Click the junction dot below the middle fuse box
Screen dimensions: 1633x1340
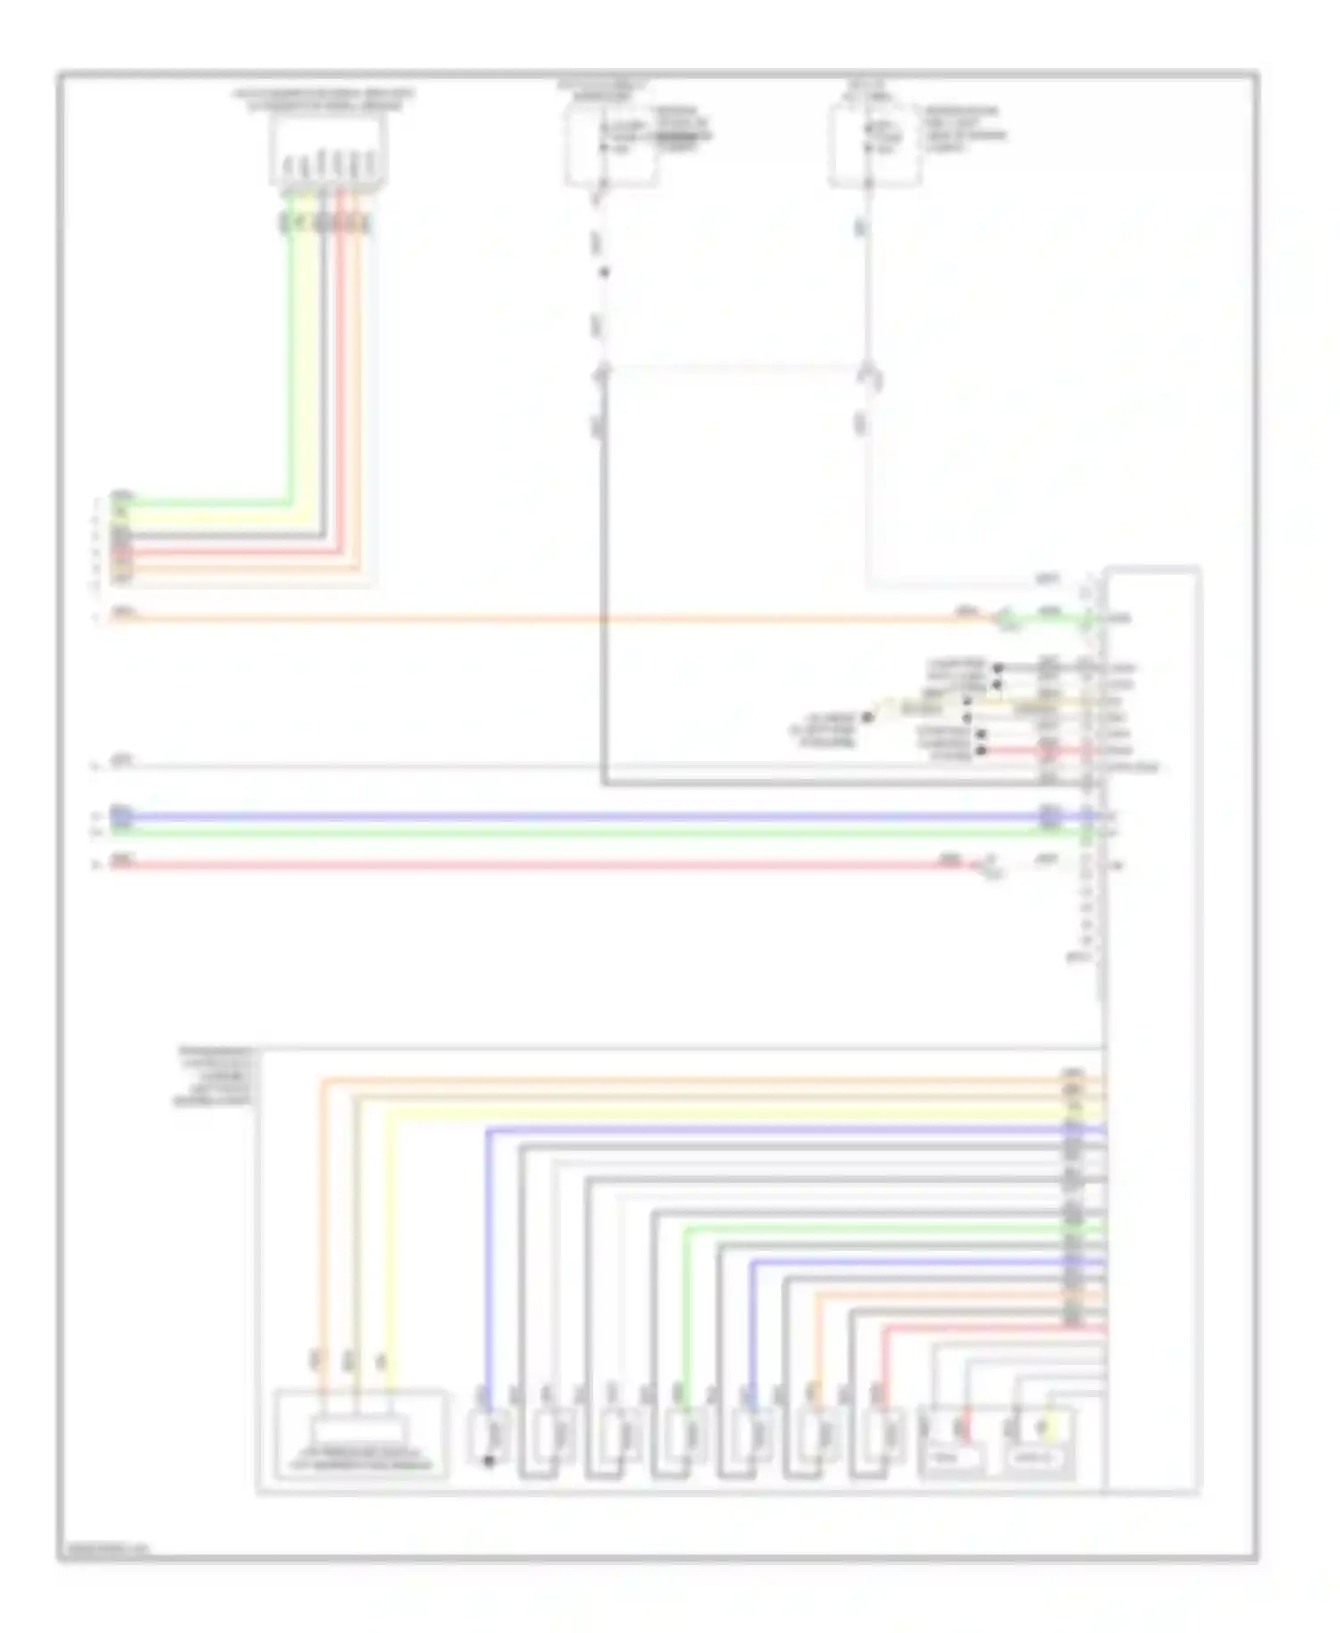tap(603, 272)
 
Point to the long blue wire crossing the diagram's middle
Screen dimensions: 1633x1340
tap(581, 816)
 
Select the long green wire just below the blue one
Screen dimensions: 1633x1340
tap(581, 832)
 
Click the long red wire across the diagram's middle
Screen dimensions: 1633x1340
tap(536, 865)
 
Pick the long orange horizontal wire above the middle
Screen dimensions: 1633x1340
tap(536, 617)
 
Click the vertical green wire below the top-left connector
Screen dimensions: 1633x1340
tap(289, 357)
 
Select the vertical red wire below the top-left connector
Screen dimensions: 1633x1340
tap(340, 375)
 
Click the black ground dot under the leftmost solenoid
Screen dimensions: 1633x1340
tap(489, 1462)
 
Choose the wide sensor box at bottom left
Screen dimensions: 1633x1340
tap(359, 1433)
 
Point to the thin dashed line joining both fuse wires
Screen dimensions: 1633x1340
tap(733, 365)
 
